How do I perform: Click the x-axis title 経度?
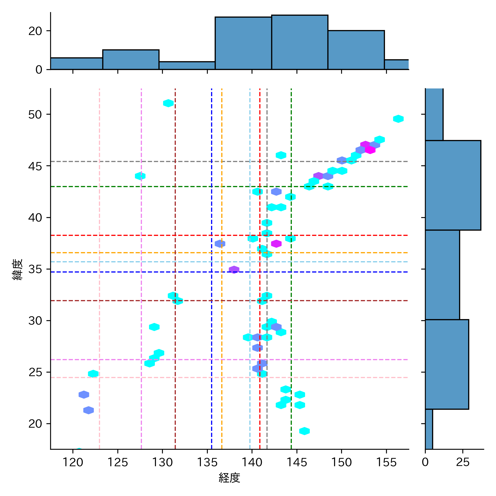(x=229, y=478)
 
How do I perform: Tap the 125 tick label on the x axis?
(x=118, y=462)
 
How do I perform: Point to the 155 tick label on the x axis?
(x=386, y=462)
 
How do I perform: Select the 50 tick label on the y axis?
(x=35, y=114)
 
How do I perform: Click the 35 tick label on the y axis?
(x=35, y=269)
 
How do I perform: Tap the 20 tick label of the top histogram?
(x=35, y=31)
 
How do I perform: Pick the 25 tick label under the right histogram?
(x=463, y=462)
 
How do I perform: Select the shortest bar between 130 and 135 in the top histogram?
(x=187, y=66)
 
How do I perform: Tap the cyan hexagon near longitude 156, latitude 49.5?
(x=398, y=119)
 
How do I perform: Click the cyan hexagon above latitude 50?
(x=168, y=103)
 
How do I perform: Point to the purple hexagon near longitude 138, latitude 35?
(x=234, y=269)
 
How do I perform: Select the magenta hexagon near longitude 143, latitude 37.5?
(x=276, y=244)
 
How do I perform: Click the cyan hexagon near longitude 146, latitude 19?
(x=304, y=431)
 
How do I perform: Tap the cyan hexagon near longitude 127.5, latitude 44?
(x=140, y=176)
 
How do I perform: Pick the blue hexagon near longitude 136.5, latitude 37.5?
(x=220, y=244)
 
